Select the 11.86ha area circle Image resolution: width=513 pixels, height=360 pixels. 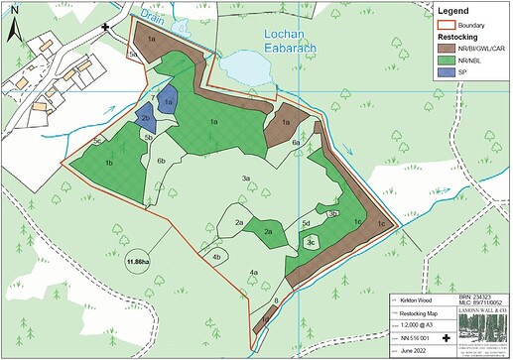(x=138, y=262)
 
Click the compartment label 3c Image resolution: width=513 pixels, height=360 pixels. (x=311, y=241)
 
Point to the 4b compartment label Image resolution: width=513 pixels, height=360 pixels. (x=217, y=257)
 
